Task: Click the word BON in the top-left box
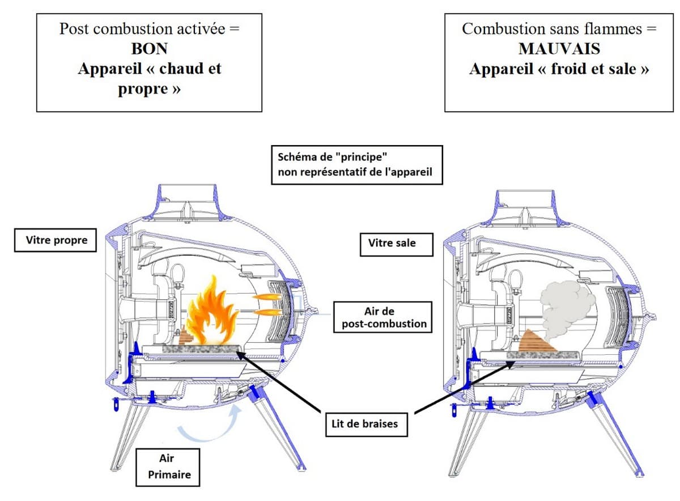(x=149, y=49)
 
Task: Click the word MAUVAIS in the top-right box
(x=559, y=49)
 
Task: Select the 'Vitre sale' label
(x=392, y=243)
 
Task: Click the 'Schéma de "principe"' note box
(x=356, y=164)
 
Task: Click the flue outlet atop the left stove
(x=187, y=201)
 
